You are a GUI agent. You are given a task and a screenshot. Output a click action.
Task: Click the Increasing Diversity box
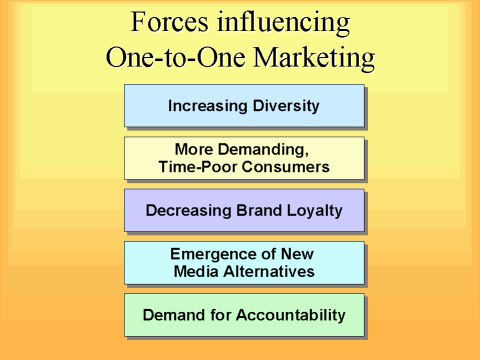click(x=243, y=105)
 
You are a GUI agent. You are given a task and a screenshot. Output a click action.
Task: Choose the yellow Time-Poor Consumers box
click(x=243, y=157)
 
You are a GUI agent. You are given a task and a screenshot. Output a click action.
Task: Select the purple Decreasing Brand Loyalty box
click(x=243, y=210)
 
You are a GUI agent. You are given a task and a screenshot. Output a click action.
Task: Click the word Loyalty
click(x=314, y=210)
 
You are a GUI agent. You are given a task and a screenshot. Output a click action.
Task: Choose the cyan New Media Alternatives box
click(x=243, y=262)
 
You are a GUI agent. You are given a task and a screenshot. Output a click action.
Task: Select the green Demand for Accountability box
click(x=243, y=315)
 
